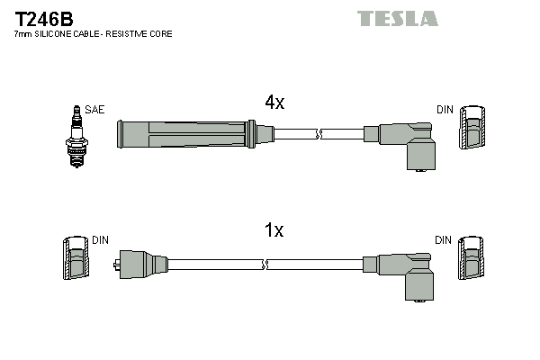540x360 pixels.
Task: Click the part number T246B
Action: coord(44,17)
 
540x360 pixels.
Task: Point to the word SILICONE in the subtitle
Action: coord(60,34)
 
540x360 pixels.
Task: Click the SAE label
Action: coord(95,110)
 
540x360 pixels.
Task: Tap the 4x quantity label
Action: coord(274,103)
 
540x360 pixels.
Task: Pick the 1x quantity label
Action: coord(274,231)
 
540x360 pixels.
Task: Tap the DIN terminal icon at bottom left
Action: coord(76,261)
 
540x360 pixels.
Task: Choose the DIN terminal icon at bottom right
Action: coord(472,261)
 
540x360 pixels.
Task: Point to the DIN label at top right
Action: coord(445,110)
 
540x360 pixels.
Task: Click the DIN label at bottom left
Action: coord(100,240)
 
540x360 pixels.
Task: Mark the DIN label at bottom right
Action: coord(444,240)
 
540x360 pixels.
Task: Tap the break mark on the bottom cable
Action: coord(265,265)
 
